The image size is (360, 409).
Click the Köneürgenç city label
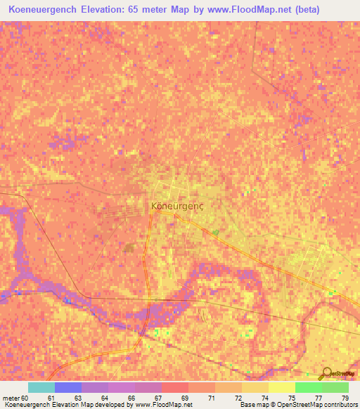click(x=177, y=207)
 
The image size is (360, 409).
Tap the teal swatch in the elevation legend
click(x=41, y=387)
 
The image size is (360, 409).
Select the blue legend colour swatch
click(x=68, y=387)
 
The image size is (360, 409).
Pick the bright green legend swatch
click(x=309, y=387)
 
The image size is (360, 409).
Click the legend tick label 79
click(x=345, y=398)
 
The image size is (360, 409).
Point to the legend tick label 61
click(x=51, y=398)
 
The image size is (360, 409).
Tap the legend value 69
click(x=184, y=398)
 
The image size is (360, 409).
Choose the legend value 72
click(x=238, y=398)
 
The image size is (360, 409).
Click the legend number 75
click(x=291, y=398)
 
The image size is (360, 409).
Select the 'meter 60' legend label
click(x=15, y=398)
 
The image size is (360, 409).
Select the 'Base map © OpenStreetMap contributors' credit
click(x=297, y=405)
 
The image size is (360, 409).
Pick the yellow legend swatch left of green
click(x=282, y=387)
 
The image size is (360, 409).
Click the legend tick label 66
click(x=131, y=398)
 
